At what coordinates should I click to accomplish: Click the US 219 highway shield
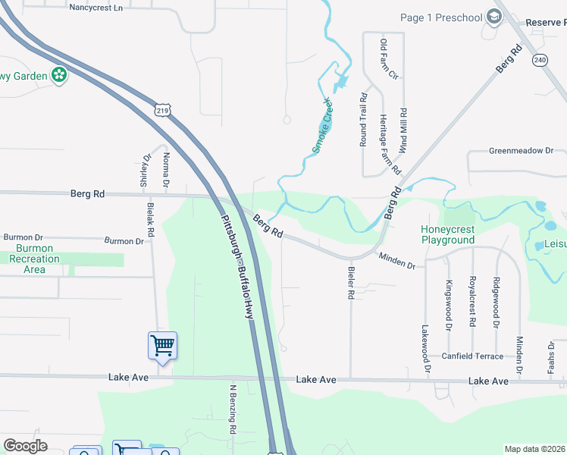161,111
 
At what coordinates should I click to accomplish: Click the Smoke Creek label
323,125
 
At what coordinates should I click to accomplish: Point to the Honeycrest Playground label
448,234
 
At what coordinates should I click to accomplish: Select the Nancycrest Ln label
96,8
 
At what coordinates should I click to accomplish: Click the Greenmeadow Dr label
521,151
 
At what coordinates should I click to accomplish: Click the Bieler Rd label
351,282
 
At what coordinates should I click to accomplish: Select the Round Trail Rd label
364,120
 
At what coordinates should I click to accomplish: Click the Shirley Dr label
145,170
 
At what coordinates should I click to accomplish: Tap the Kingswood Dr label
449,306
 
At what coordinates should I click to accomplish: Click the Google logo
25,446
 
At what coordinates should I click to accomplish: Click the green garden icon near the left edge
59,75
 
